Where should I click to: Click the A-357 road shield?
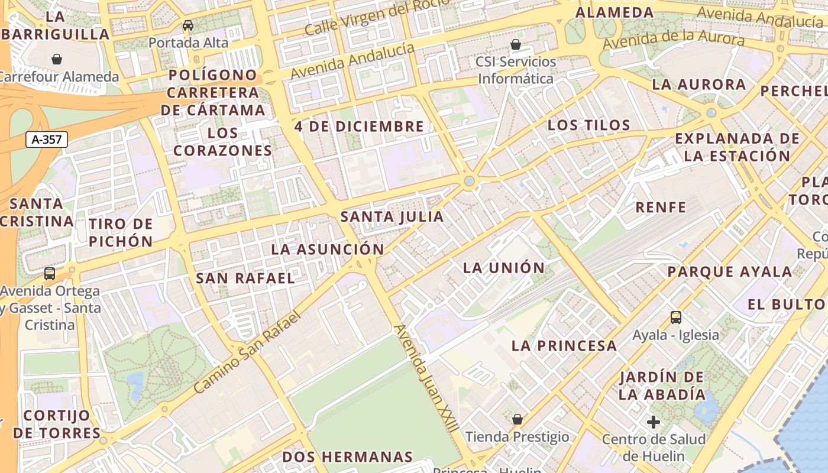coord(47,140)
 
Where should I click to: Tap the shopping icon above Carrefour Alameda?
coord(57,59)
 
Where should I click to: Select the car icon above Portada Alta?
coord(188,25)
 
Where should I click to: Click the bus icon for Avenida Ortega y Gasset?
coord(50,274)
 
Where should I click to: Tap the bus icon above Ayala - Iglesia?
coord(676,318)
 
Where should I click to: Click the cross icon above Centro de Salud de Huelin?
coord(654,422)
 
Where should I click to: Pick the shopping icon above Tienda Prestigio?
coord(517,419)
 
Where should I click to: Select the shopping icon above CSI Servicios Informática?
coord(516,44)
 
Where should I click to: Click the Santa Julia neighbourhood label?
coord(392,217)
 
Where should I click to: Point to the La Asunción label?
coord(328,249)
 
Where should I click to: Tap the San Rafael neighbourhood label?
coord(245,278)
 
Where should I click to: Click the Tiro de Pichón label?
coord(121,232)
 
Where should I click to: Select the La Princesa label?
coord(564,346)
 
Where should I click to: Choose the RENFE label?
coord(661,208)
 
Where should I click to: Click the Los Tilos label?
coord(589,125)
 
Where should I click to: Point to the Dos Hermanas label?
coord(347,457)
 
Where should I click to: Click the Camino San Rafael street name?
coord(247,352)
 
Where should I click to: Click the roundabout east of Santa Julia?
coord(470,181)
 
